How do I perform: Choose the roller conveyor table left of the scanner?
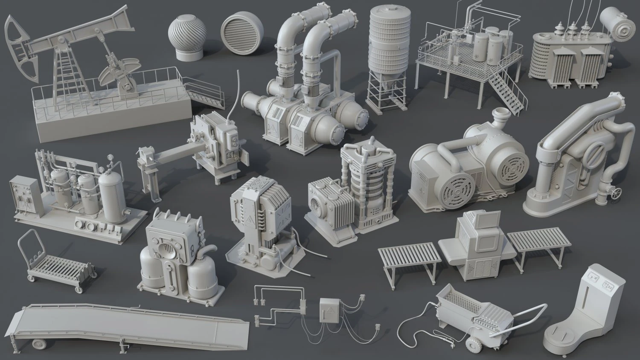[x=410, y=255]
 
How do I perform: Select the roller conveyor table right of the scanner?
[x=540, y=244]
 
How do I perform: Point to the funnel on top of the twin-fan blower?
[x=501, y=116]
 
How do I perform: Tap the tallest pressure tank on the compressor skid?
[x=111, y=196]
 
